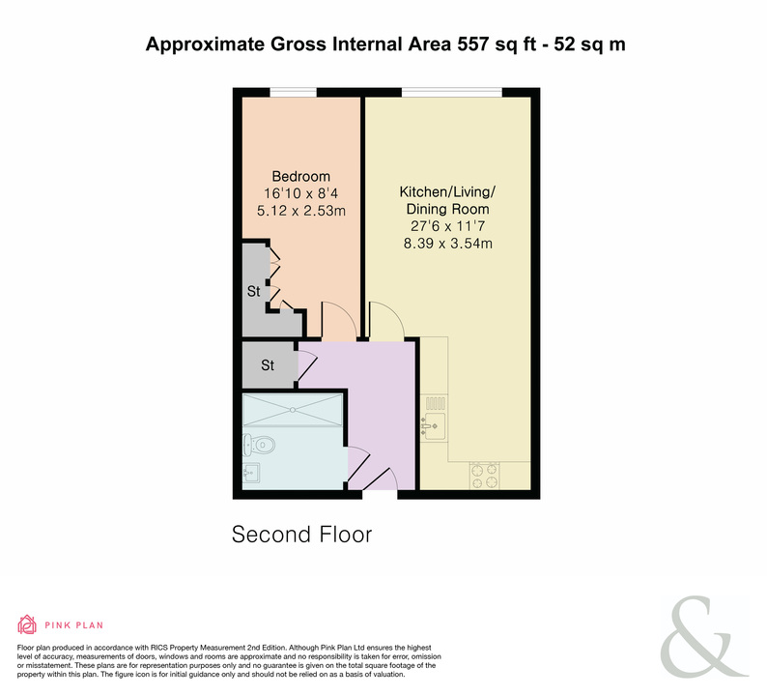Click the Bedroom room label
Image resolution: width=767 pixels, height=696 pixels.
300,176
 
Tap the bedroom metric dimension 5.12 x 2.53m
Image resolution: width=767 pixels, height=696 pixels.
301,211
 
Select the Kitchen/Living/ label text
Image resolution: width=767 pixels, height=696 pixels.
447,191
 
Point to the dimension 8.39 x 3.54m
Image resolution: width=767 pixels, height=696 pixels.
447,244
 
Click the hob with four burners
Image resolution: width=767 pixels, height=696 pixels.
484,476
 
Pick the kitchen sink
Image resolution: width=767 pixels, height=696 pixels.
434,426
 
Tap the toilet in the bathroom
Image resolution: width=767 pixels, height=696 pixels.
259,445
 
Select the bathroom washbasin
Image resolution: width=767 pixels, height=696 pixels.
251,473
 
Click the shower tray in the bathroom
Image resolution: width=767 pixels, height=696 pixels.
293,410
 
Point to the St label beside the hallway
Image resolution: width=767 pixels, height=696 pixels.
268,365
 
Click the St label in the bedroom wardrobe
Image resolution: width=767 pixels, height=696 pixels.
253,291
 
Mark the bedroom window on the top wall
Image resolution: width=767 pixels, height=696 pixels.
293,92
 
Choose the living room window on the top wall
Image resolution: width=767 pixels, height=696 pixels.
452,92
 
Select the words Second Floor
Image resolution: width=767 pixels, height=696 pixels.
301,535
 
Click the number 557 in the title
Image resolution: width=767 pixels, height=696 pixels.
473,44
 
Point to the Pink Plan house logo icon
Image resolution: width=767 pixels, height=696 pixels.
27,624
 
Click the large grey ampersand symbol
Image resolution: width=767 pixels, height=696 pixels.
703,637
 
